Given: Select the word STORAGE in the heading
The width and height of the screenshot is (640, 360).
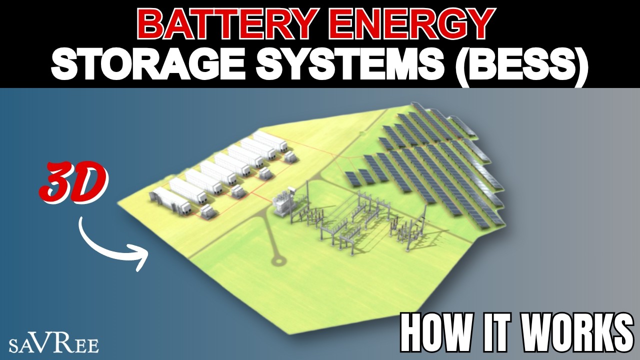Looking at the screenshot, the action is [148, 64].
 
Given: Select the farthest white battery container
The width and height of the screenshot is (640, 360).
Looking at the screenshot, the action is [270, 141].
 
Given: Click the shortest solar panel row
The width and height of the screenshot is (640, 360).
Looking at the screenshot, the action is [351, 178].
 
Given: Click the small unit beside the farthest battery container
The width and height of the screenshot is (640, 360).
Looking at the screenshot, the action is [290, 157].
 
